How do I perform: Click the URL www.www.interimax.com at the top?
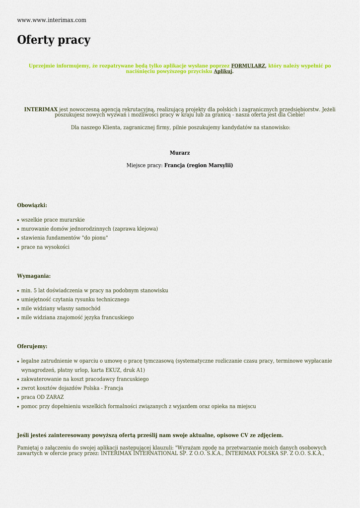pos(52,20)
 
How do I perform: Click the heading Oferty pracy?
pos(54,40)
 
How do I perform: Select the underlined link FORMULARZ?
pos(248,65)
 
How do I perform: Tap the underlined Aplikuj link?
pos(223,71)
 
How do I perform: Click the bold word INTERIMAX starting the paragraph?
pos(41,109)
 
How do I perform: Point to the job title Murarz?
pos(180,153)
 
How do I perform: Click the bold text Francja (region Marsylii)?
pos(199,165)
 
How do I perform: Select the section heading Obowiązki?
pos(32,205)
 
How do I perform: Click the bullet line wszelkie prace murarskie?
pos(53,220)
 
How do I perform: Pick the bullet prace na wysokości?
pos(45,247)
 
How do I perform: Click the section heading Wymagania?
pos(34,276)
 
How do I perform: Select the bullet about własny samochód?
pos(61,309)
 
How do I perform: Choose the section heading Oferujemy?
pos(32,346)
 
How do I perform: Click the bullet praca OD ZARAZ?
pos(42,397)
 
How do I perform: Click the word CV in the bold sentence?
pos(244,436)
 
